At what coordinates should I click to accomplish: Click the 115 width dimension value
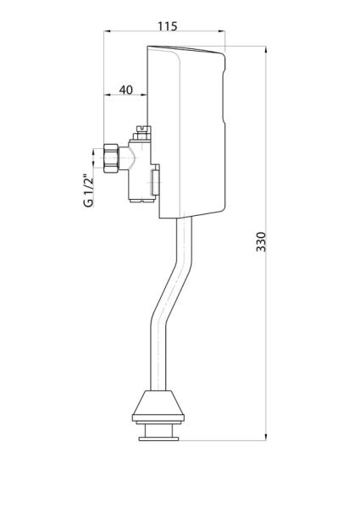pyautogui.click(x=167, y=26)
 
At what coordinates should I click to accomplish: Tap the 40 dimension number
pyautogui.click(x=125, y=89)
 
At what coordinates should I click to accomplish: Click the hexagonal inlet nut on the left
pyautogui.click(x=109, y=160)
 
